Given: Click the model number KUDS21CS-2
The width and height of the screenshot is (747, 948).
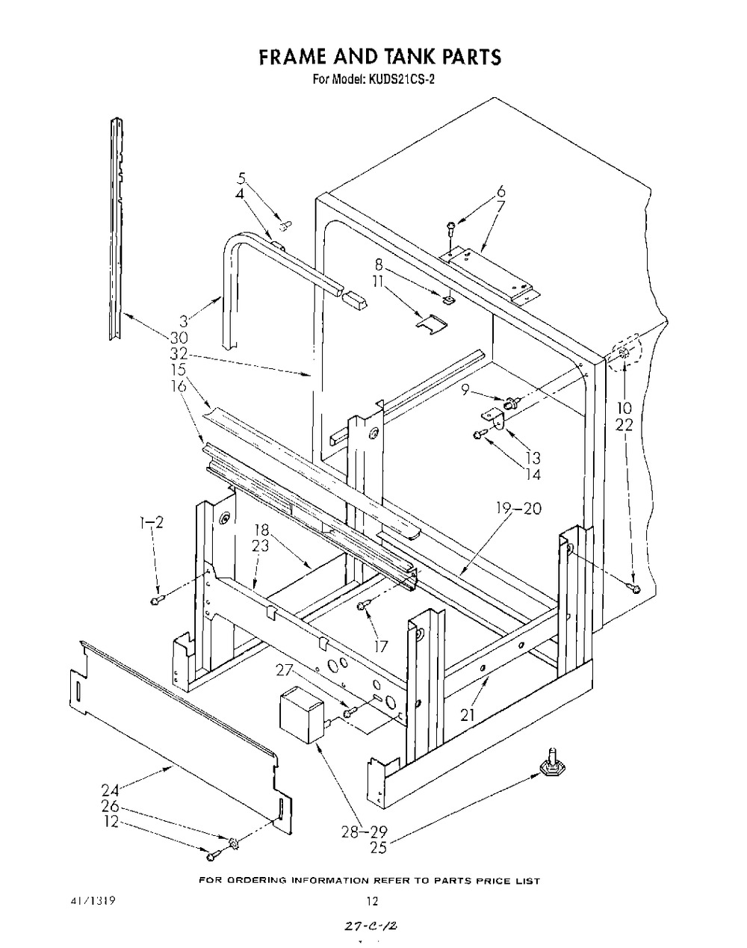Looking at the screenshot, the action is pyautogui.click(x=399, y=80).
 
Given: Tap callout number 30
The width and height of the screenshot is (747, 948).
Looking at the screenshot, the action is pyautogui.click(x=179, y=338).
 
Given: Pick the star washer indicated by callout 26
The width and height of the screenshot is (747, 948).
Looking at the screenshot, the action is pyautogui.click(x=233, y=842).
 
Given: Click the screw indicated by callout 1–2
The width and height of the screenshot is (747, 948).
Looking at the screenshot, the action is pyautogui.click(x=157, y=599).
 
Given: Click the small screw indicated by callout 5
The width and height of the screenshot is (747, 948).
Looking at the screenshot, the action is pyautogui.click(x=286, y=226).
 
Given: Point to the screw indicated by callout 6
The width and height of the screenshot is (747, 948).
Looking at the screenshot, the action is pyautogui.click(x=450, y=230).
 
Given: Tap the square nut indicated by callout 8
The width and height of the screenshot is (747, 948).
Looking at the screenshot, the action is pyautogui.click(x=448, y=300).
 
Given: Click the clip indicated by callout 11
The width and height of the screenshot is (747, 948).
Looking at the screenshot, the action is pyautogui.click(x=432, y=325).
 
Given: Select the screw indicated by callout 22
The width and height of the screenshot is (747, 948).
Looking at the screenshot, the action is pyautogui.click(x=635, y=588).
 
